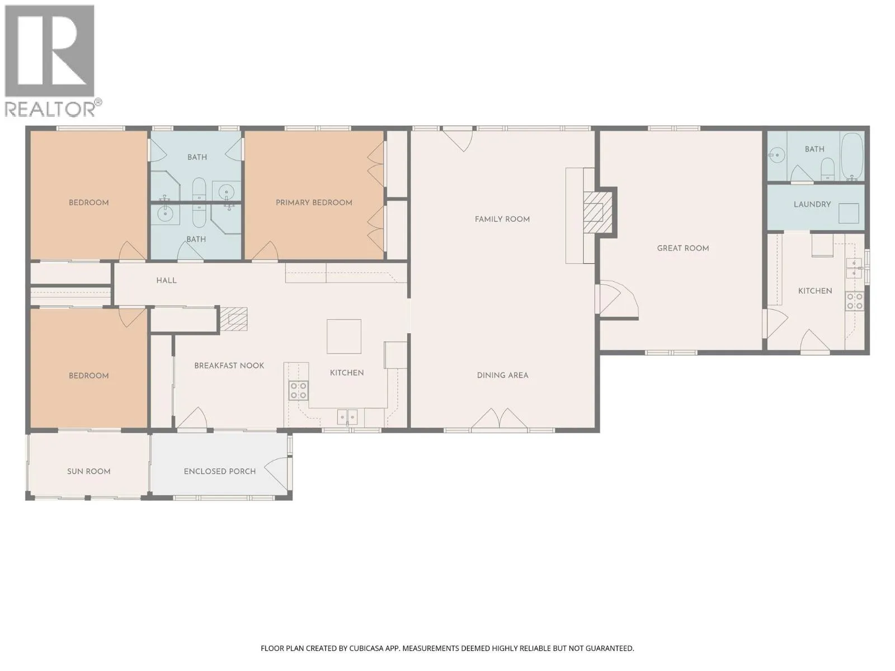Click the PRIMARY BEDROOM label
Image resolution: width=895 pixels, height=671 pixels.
tap(314, 202)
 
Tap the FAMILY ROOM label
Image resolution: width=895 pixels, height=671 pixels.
tap(502, 219)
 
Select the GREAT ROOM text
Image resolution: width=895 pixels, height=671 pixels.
tap(682, 248)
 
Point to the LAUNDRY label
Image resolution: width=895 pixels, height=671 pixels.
tap(812, 204)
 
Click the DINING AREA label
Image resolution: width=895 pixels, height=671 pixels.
tap(502, 375)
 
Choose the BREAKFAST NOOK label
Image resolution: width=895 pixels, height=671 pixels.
tap(229, 366)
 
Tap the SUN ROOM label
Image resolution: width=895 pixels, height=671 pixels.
tap(88, 471)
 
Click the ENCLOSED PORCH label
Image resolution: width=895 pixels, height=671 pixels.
tap(220, 471)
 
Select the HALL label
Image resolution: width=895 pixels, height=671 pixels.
tap(166, 280)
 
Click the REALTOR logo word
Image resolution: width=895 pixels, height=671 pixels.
tap(50, 109)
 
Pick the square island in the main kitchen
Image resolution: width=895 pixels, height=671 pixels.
tap(343, 336)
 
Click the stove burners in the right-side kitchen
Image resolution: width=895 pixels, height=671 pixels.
tap(855, 301)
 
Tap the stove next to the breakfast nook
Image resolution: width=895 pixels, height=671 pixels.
tap(299, 390)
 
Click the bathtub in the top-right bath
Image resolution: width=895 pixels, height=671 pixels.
tap(852, 157)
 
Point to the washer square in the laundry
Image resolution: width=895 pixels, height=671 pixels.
tap(849, 214)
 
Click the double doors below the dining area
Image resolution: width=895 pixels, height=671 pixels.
tap(499, 418)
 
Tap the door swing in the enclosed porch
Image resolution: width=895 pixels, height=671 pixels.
tap(277, 474)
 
